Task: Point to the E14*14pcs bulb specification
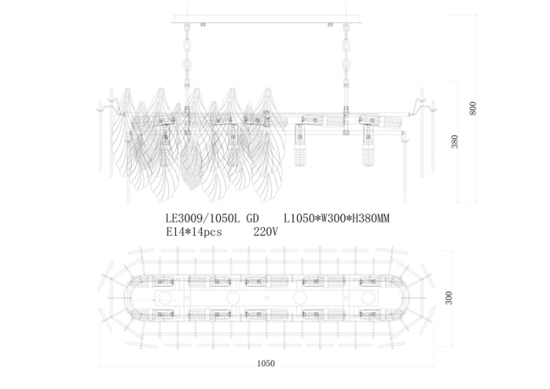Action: coord(194,232)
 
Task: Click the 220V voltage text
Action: coord(266,232)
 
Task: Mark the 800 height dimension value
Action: coord(473,108)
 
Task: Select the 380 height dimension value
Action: coord(454,141)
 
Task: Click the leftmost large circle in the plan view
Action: coord(166,299)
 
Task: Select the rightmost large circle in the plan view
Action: coord(368,299)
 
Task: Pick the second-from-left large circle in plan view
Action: coord(233,299)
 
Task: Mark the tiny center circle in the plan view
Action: coord(266,299)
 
